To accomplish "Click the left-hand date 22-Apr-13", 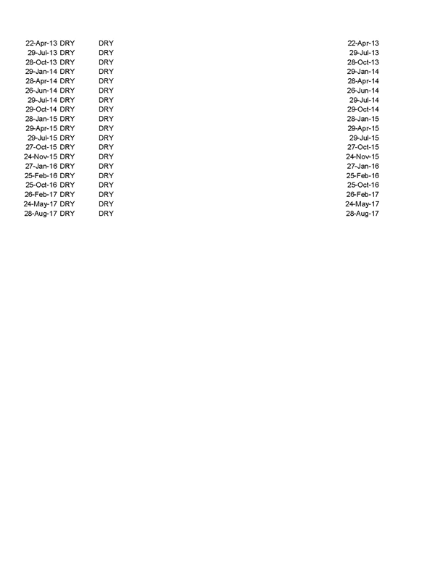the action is coord(41,43).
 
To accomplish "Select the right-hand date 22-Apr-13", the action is coord(362,43).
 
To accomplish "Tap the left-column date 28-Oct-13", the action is coord(41,62).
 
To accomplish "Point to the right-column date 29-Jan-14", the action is coord(362,72).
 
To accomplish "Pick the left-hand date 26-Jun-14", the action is coord(41,91).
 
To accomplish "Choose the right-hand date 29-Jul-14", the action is coord(364,100).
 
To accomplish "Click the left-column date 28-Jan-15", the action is coord(41,119).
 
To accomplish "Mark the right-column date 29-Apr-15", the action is coord(362,128).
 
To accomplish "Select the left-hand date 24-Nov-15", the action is coord(41,156).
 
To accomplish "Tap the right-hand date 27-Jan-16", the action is coord(362,167).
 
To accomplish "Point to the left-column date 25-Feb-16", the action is coord(41,175).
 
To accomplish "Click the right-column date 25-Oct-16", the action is coord(362,185).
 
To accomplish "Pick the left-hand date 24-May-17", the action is coord(41,204).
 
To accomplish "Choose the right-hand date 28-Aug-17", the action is coord(362,214).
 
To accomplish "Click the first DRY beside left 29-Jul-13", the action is coord(67,53).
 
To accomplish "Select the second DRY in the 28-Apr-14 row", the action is coord(107,81).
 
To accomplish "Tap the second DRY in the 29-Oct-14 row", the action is coord(107,109).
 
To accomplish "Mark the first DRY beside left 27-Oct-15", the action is coord(67,147).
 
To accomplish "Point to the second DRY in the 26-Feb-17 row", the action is coord(107,195).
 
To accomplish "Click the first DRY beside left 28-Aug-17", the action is coord(67,214).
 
